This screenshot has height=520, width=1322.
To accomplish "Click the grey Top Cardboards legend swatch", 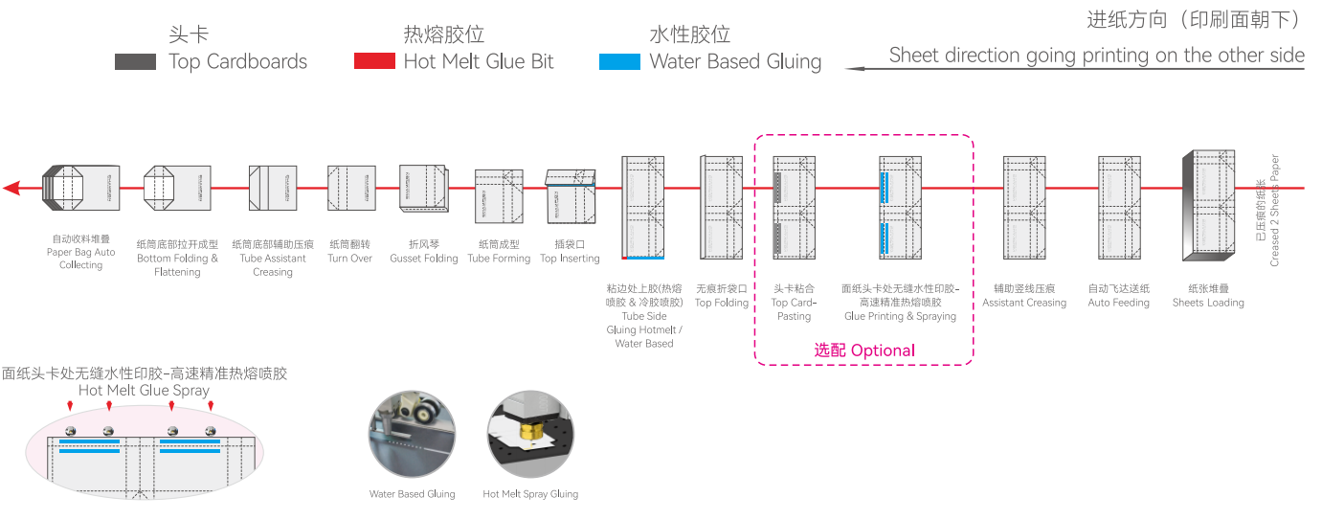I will click(135, 61).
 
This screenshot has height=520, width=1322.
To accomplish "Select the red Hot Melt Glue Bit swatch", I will click(374, 61).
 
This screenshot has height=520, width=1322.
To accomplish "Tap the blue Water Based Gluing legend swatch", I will click(619, 61).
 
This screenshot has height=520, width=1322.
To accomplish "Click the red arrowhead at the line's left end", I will click(11, 188).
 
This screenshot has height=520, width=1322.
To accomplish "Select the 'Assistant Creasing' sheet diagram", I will click(1024, 207).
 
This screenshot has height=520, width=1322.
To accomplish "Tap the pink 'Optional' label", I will click(864, 350).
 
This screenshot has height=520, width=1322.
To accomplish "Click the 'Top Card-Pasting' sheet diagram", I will click(794, 207).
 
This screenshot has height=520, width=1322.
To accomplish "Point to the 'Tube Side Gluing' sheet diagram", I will click(643, 207).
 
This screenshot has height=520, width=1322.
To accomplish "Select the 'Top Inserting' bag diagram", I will click(571, 197).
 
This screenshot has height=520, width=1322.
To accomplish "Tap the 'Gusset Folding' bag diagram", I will click(424, 192).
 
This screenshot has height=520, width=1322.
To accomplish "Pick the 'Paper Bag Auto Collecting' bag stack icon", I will click(79, 188).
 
